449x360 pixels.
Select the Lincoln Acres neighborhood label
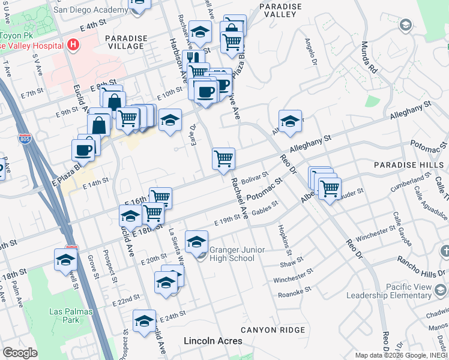tap(212, 341)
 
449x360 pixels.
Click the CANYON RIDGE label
tap(273, 330)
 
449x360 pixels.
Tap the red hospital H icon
tap(73, 44)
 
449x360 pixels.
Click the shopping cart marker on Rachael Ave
tap(223, 159)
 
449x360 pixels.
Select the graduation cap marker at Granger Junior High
tap(196, 242)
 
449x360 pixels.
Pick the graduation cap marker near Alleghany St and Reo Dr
tap(290, 121)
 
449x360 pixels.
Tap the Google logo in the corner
tap(20, 353)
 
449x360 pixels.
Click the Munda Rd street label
tap(368, 58)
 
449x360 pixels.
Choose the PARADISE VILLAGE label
tap(125, 42)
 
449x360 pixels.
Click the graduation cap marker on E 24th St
tap(144, 322)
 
